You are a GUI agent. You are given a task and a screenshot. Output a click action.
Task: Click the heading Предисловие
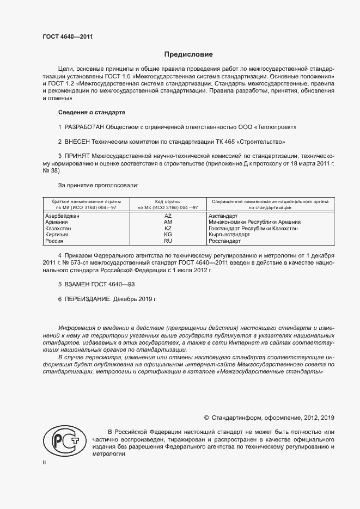point(188,54)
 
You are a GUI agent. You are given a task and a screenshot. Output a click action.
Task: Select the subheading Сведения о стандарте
point(91,112)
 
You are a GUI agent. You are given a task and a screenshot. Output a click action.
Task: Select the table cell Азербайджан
point(62,216)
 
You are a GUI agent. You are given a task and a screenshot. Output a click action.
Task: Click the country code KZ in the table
point(168,229)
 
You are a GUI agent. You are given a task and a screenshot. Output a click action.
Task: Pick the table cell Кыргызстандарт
point(229,235)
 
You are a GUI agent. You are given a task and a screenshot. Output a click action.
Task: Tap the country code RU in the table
point(168,241)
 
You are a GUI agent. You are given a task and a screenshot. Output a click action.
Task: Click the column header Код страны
point(168,201)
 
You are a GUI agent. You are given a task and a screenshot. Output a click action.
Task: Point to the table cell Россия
point(54,241)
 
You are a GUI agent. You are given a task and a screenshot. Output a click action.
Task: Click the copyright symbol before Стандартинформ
point(206,418)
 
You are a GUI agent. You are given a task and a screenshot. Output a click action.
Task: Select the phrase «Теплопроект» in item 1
point(275,127)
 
